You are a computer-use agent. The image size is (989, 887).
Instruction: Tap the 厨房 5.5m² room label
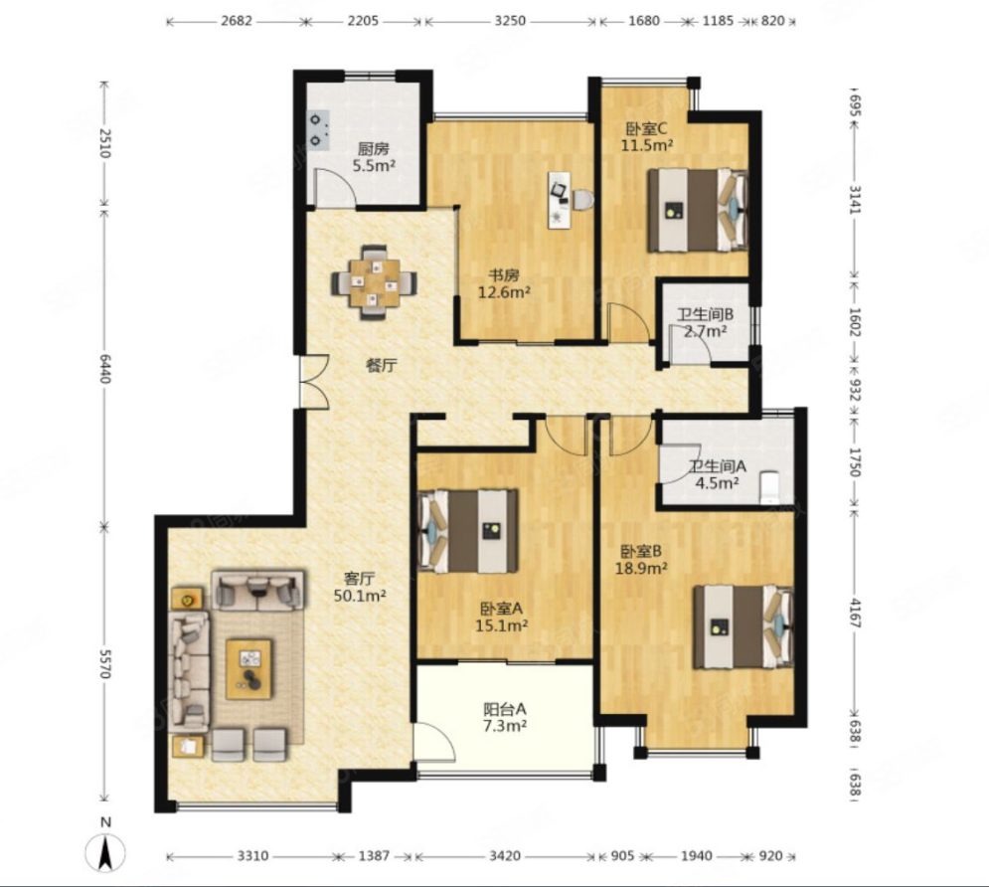click(x=374, y=158)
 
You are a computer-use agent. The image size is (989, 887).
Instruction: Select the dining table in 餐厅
click(x=375, y=282)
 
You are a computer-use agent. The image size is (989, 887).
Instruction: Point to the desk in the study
click(x=559, y=200)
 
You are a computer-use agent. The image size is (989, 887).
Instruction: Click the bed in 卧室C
click(x=698, y=210)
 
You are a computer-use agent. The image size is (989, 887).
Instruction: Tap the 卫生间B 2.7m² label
click(x=705, y=322)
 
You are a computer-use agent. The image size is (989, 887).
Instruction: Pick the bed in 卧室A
click(x=468, y=531)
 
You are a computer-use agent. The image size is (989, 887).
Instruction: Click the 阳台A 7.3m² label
click(x=505, y=717)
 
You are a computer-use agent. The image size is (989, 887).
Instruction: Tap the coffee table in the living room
click(x=249, y=668)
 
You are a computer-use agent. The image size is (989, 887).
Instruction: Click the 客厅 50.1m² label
click(x=360, y=587)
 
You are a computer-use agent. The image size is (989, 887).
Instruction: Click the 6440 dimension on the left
click(x=104, y=369)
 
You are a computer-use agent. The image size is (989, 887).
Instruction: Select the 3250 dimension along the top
click(x=510, y=21)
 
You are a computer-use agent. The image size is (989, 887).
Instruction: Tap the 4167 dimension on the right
click(x=855, y=613)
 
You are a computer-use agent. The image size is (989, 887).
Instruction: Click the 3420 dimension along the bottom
click(x=505, y=856)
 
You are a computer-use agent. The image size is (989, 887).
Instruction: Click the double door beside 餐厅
click(x=313, y=382)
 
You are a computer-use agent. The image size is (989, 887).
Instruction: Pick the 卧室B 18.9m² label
click(x=641, y=560)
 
